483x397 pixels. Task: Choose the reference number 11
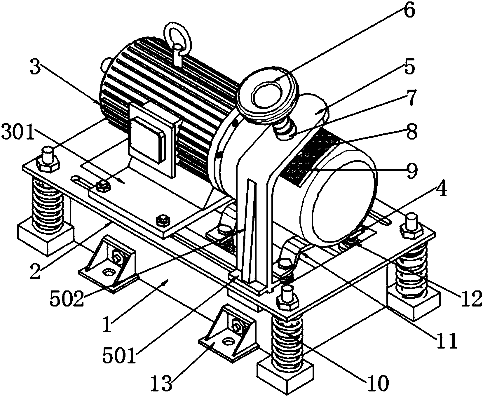[x=446, y=341]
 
